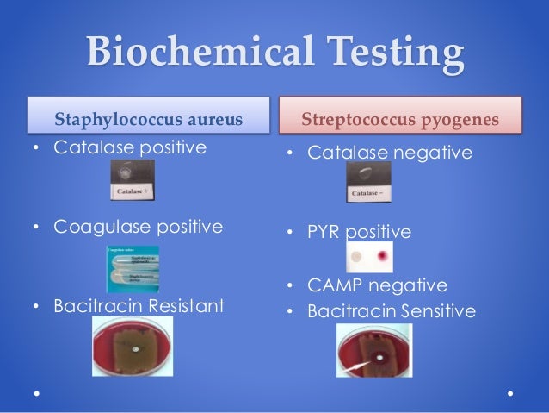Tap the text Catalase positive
130,147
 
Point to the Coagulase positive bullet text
138,228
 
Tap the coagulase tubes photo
133,267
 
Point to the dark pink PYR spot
380,258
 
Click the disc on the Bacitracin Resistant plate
137,352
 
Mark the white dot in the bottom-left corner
36,394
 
